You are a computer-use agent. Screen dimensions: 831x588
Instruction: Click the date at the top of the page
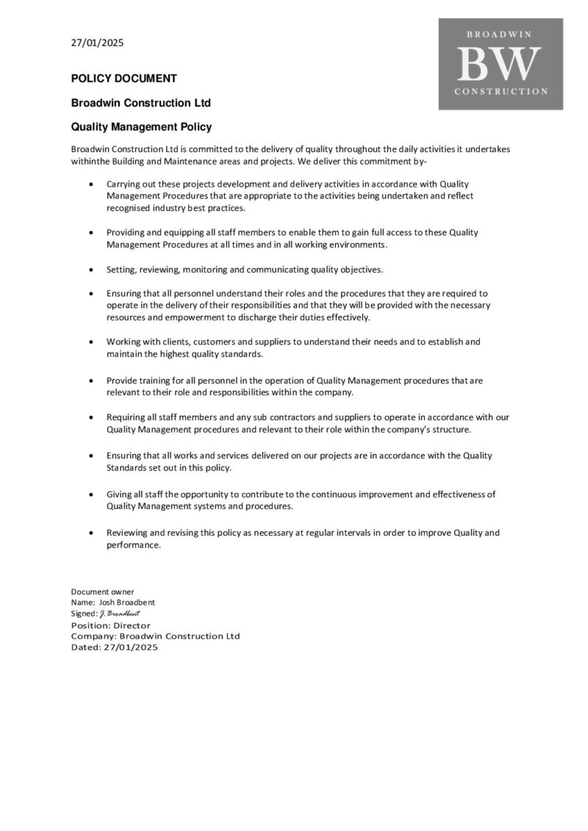tap(97, 43)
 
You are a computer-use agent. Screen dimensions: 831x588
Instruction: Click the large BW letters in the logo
tap(500, 64)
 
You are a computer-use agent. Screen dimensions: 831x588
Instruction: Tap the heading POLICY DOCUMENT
tap(123, 79)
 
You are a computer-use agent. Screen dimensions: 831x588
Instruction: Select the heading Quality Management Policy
tap(141, 126)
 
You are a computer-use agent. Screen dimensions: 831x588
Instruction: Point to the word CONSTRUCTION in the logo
tap(501, 92)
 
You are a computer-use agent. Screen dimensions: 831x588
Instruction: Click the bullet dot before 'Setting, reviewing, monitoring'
tap(90, 269)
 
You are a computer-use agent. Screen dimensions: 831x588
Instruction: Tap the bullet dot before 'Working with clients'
tap(90, 342)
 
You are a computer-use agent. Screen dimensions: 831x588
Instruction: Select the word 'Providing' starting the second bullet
tap(126, 232)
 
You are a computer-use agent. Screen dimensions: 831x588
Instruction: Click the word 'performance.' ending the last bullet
tap(133, 545)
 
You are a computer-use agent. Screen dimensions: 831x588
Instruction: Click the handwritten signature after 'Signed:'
tap(119, 614)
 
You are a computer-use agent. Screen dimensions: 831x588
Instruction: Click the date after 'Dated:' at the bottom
tap(131, 647)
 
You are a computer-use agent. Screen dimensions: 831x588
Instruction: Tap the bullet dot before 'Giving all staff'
tap(90, 494)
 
